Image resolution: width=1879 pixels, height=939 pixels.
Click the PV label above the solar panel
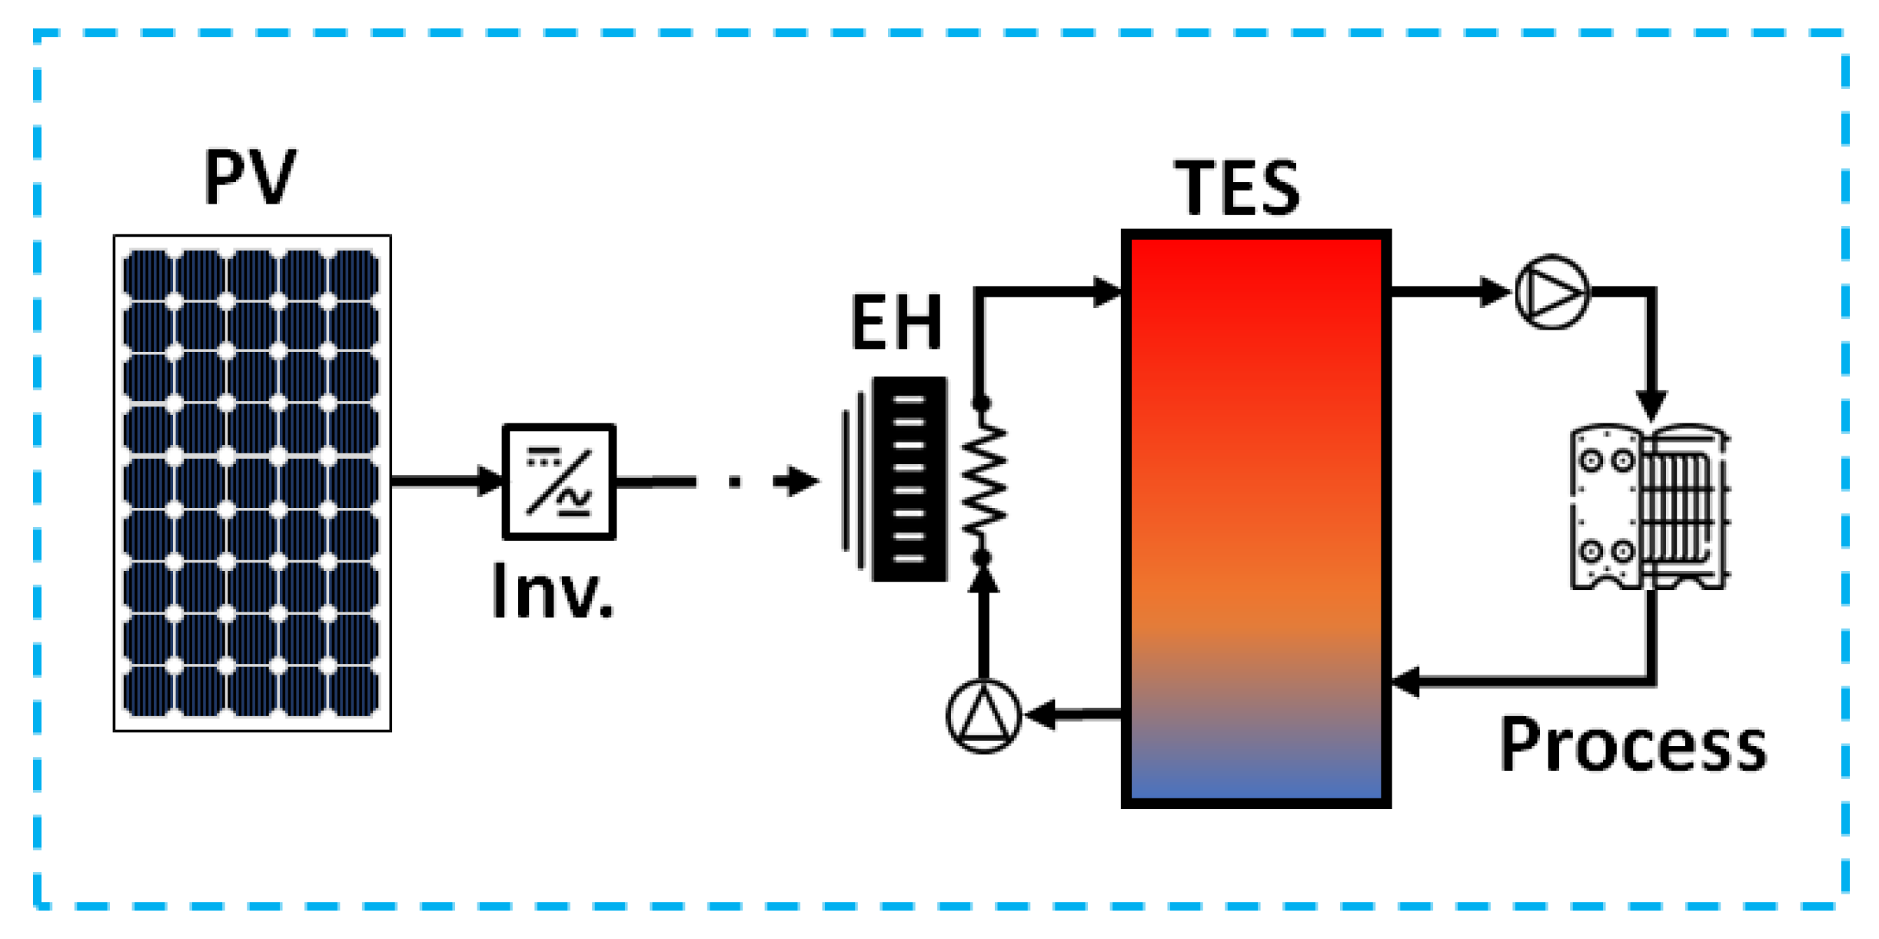coord(250,178)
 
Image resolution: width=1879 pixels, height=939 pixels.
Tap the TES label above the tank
coord(1237,187)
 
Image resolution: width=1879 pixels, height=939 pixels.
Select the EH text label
coord(896,323)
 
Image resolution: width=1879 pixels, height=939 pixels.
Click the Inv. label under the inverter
coord(553,591)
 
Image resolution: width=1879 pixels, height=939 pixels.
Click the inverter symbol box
coord(559,482)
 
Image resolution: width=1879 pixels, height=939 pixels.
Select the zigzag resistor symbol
coord(983,480)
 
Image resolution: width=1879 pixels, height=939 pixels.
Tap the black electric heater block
coord(910,479)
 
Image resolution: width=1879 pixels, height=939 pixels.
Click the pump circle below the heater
coord(983,716)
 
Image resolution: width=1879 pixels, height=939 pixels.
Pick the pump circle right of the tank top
coord(1551,292)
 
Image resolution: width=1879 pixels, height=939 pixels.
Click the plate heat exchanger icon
coord(1648,507)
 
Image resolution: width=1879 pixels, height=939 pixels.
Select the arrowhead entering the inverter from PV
coord(489,482)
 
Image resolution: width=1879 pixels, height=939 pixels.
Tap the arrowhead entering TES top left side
coord(1107,292)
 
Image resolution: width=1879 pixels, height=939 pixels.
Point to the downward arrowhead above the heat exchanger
coord(1651,405)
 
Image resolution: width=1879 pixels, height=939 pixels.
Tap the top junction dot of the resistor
coord(981,403)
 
